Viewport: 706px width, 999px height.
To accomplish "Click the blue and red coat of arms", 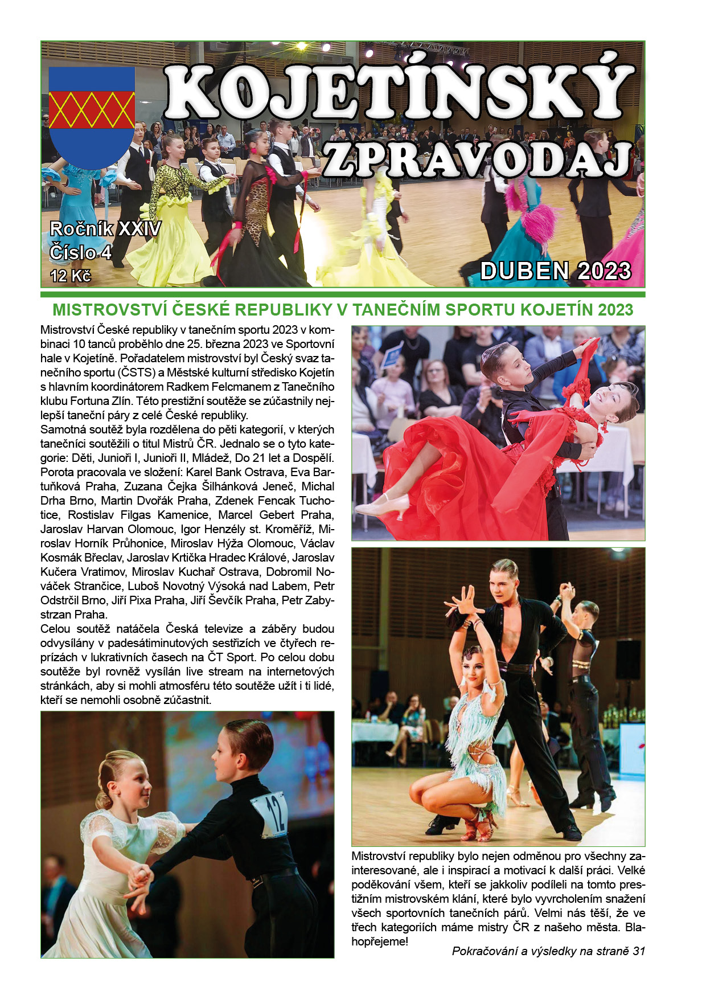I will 92,117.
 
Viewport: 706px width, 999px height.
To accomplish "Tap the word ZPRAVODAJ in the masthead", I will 478,159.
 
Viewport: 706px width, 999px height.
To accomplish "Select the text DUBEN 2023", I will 556,271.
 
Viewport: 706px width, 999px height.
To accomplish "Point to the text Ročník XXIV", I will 105,229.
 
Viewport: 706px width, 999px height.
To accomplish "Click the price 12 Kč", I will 71,276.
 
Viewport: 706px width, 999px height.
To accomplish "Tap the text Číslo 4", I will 80,252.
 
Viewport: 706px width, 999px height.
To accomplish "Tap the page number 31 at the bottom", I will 638,951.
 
